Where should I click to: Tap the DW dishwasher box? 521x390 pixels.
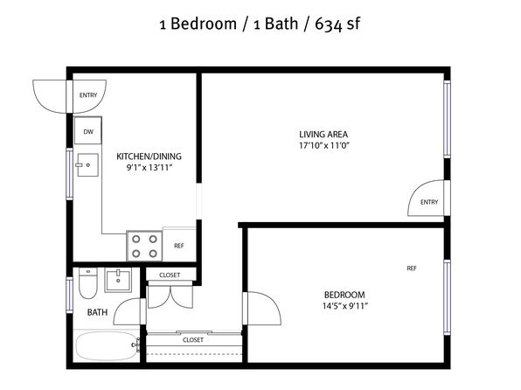click(88, 130)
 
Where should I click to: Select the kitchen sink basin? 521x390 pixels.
click(87, 164)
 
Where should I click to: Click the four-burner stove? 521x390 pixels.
click(144, 246)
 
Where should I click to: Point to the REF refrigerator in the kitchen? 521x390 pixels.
click(179, 245)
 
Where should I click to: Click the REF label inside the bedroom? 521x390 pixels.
click(412, 268)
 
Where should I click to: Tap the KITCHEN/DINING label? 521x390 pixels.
click(149, 157)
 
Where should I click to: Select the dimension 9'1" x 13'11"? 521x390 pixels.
click(149, 168)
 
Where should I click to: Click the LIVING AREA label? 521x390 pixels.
click(323, 135)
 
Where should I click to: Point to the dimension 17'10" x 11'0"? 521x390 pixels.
click(324, 145)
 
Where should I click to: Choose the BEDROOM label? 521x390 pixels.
click(344, 295)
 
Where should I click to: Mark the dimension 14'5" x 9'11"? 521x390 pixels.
click(345, 306)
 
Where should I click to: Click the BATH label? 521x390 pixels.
click(97, 312)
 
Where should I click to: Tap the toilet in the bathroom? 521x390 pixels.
click(88, 283)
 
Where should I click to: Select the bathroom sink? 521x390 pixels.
click(118, 281)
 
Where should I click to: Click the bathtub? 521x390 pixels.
click(107, 346)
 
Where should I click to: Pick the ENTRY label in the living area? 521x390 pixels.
click(429, 202)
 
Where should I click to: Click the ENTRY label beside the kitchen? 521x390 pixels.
click(88, 95)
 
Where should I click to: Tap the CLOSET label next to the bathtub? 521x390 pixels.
click(193, 340)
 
